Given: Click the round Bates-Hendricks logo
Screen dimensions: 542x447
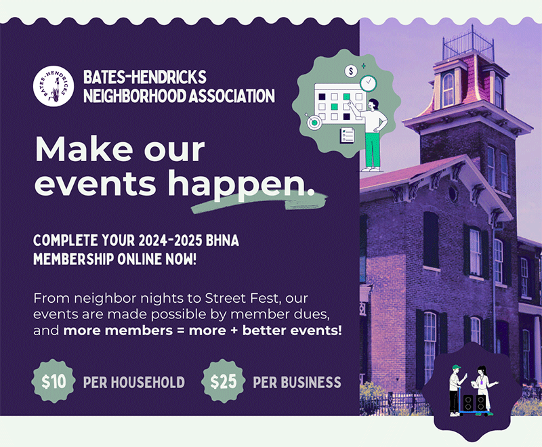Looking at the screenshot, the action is (x=54, y=86).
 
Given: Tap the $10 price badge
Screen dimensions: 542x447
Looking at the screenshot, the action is (x=54, y=381).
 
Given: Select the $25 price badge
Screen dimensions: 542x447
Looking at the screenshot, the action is (x=224, y=381).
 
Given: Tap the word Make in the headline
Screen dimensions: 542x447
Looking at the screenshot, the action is (x=84, y=150).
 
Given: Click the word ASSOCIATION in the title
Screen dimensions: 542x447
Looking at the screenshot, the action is (x=231, y=96).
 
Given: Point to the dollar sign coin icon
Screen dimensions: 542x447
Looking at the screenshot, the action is (x=351, y=72).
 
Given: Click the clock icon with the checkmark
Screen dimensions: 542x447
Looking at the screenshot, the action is (x=369, y=83).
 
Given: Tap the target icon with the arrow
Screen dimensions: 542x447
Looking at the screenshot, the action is (x=314, y=122).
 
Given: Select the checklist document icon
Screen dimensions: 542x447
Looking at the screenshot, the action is (x=347, y=135).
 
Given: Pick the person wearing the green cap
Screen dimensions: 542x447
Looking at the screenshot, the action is (x=457, y=390).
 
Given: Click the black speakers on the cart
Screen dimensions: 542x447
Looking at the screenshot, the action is (x=474, y=403).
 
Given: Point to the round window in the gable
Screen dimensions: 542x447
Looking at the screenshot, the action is (x=453, y=194).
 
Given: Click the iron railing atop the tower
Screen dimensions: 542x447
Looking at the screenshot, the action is (x=469, y=44).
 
